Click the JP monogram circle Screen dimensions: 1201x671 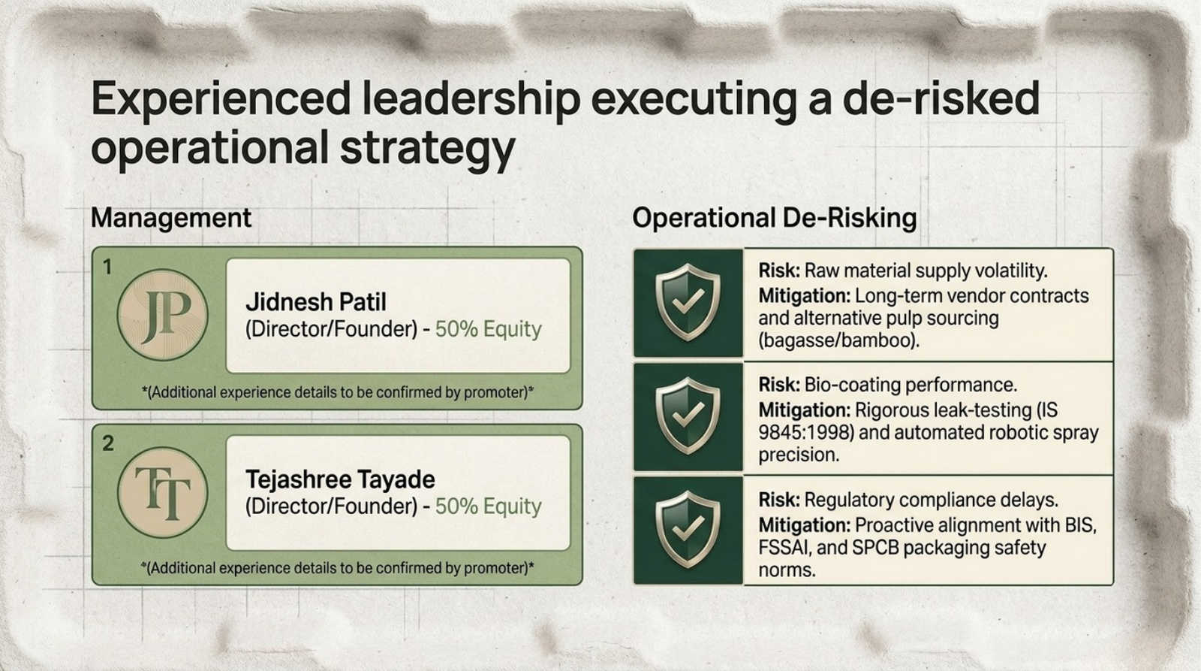pos(162,315)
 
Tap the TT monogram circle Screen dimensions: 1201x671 pos(162,492)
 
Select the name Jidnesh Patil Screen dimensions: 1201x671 pos(316,301)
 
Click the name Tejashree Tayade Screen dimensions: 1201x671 pos(340,479)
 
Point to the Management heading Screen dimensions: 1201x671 pos(171,218)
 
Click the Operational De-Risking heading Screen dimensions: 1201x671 pos(774,218)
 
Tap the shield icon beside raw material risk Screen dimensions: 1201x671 pos(688,302)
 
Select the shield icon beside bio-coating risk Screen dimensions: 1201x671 pos(688,416)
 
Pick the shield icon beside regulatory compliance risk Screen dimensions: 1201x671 pos(688,529)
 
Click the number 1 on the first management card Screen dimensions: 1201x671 pos(107,267)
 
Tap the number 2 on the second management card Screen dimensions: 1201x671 pos(108,443)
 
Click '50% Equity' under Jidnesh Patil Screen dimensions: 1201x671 pos(489,329)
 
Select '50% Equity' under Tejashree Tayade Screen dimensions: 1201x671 pos(489,506)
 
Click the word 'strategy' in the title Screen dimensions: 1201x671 pos(427,148)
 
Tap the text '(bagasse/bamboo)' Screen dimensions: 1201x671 pos(838,340)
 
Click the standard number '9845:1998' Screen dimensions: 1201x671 pos(805,433)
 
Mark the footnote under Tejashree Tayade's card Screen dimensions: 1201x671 pos(338,568)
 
